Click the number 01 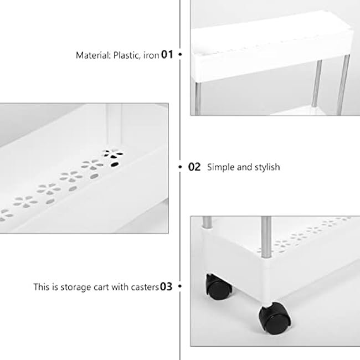tap(167, 55)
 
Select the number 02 tap(194, 167)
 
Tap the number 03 tap(166, 287)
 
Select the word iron tap(150, 55)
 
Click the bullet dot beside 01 tap(180, 55)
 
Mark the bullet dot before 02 tap(181, 167)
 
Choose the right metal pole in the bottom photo tap(265, 235)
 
